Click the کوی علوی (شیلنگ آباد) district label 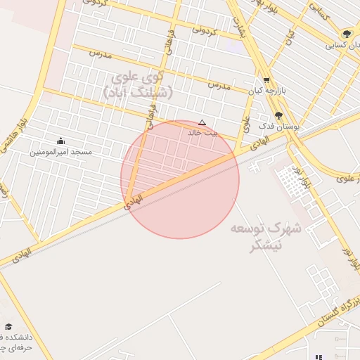point(135,83)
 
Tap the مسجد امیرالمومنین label point(60,152)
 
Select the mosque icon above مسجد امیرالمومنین point(60,141)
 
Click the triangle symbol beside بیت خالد point(202,122)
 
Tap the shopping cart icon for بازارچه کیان point(266,80)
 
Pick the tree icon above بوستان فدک point(278,115)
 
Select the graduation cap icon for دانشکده point(8,326)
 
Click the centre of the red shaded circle point(180,179)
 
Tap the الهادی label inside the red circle point(134,200)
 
